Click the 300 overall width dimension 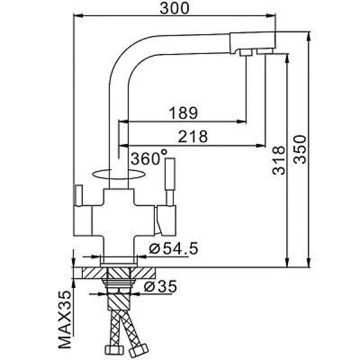pyautogui.click(x=175, y=8)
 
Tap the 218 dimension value pyautogui.click(x=193, y=137)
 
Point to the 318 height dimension pyautogui.click(x=277, y=160)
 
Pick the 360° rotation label pyautogui.click(x=148, y=159)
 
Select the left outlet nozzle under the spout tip pyautogui.click(x=246, y=54)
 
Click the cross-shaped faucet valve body pyautogui.click(x=120, y=213)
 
